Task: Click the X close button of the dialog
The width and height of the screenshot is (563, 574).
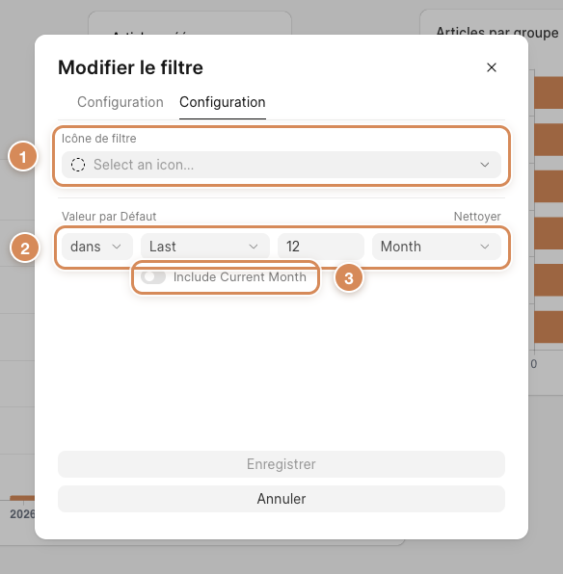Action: click(x=491, y=67)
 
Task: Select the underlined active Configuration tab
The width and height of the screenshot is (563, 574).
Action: click(x=222, y=102)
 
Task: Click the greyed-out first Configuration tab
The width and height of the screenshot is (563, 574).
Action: click(x=121, y=102)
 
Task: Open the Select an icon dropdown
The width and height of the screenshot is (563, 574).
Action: click(x=281, y=165)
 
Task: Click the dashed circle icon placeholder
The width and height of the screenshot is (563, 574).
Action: click(x=78, y=165)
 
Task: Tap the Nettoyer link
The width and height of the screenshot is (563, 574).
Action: click(x=477, y=217)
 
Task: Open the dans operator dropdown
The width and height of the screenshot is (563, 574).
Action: click(x=96, y=247)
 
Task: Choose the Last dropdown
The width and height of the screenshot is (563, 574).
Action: click(x=205, y=247)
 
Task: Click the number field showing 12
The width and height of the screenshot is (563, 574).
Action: click(x=321, y=247)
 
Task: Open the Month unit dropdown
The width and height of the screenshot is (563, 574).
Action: click(x=436, y=247)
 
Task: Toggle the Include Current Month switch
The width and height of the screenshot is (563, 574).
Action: click(x=153, y=276)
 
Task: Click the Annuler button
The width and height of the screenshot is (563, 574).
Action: click(x=281, y=499)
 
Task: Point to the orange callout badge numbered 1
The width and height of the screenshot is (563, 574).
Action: click(x=23, y=157)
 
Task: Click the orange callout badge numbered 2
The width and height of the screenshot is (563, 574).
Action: click(x=24, y=248)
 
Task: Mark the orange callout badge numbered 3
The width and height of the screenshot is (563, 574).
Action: click(x=349, y=277)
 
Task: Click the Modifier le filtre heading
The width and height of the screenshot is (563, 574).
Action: click(x=130, y=67)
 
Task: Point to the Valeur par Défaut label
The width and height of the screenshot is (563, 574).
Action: click(x=109, y=217)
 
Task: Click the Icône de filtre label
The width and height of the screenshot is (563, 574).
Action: click(x=99, y=139)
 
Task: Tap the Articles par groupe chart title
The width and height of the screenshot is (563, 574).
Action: click(x=497, y=33)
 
